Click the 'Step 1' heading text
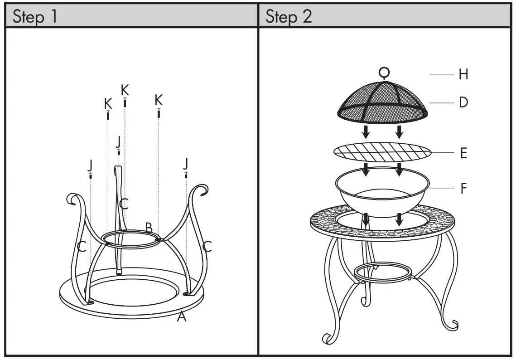pyautogui.click(x=35, y=17)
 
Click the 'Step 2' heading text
pyautogui.click(x=289, y=17)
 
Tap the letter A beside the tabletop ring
pyautogui.click(x=182, y=317)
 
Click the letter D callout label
pyautogui.click(x=463, y=102)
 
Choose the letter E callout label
pyautogui.click(x=463, y=153)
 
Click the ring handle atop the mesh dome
pyautogui.click(x=384, y=72)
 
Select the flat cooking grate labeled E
pyautogui.click(x=382, y=153)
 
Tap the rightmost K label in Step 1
pyautogui.click(x=159, y=99)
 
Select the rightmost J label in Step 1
pyautogui.click(x=186, y=162)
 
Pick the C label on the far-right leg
pyautogui.click(x=207, y=247)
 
